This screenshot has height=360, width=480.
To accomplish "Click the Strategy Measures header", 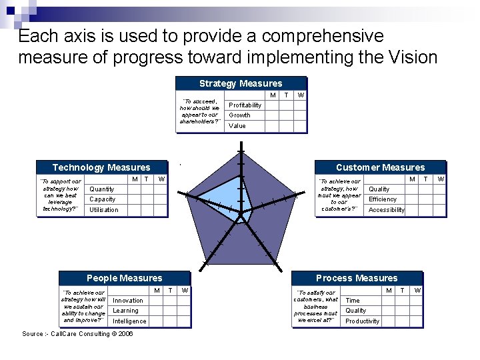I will click(x=241, y=83).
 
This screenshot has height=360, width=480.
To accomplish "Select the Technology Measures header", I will click(x=101, y=167).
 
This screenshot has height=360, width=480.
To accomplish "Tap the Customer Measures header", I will click(x=380, y=167).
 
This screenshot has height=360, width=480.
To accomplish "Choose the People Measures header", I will click(x=124, y=278).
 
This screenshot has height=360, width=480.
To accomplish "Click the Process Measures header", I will click(x=357, y=278).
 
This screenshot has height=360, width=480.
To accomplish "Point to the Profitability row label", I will click(x=245, y=105).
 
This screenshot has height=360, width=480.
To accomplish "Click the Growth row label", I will click(x=240, y=115).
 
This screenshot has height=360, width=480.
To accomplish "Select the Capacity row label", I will click(x=103, y=199).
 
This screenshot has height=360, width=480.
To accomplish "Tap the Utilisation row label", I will click(x=104, y=210).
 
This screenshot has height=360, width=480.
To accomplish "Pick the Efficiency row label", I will click(x=383, y=199).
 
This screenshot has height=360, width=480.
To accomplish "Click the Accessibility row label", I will click(x=387, y=210).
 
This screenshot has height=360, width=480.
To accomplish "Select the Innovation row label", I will click(x=128, y=301).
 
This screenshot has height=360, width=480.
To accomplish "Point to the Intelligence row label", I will click(x=129, y=321).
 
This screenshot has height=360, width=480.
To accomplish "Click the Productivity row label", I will click(x=363, y=321).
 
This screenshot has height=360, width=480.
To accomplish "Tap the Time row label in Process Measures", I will click(x=353, y=301).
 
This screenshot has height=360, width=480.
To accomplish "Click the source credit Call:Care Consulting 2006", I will click(x=77, y=334).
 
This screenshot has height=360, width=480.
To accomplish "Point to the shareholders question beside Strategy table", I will click(x=200, y=112).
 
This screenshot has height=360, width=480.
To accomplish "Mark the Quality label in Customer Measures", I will click(x=379, y=189).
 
